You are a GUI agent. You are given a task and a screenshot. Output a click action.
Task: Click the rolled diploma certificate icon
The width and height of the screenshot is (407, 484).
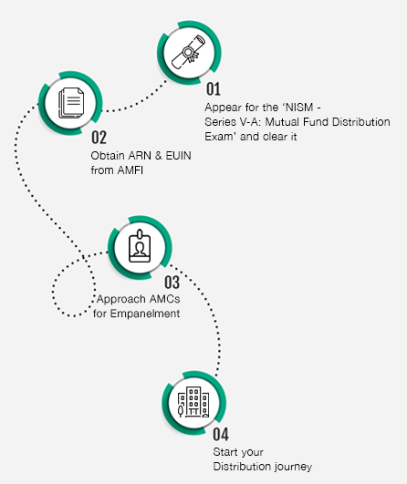point(189,52)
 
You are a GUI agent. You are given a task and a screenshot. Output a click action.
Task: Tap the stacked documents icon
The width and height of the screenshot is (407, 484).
point(71,103)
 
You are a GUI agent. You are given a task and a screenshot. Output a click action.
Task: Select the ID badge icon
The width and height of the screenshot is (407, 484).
point(140,246)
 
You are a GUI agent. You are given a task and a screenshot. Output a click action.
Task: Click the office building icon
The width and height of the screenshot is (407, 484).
point(193,403)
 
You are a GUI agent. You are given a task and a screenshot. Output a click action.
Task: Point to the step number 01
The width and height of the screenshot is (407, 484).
point(214,89)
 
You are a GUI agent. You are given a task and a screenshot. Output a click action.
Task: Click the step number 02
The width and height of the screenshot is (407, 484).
point(99,138)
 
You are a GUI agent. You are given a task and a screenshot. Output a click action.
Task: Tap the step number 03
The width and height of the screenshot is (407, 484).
point(172,283)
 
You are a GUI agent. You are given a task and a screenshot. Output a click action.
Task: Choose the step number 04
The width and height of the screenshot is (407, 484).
point(221,434)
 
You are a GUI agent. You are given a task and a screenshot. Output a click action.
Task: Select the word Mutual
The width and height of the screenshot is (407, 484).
point(283,122)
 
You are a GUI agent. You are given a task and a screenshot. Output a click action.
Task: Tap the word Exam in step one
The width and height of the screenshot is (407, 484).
point(219,137)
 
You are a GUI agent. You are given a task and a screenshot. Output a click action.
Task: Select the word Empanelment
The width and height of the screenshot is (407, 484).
point(145,314)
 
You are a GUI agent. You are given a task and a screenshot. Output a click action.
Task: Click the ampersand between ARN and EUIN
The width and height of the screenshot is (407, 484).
point(159,156)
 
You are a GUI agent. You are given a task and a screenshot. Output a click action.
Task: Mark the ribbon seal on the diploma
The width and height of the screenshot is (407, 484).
point(189,54)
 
